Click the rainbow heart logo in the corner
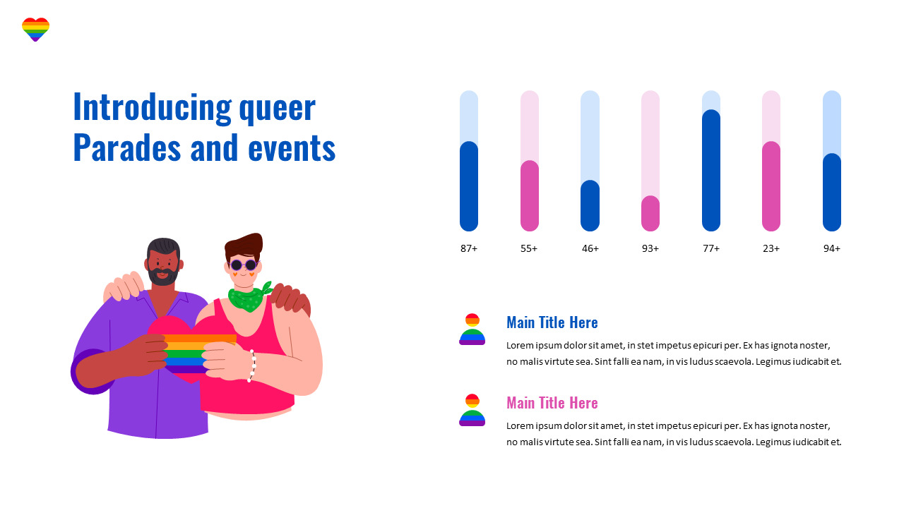pyautogui.click(x=35, y=30)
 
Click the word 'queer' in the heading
pyautogui.click(x=277, y=107)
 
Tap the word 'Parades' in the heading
pyautogui.click(x=117, y=148)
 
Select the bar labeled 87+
pyautogui.click(x=469, y=186)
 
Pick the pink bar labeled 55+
pyautogui.click(x=530, y=195)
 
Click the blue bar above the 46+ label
pyautogui.click(x=590, y=205)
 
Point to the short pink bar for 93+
pyautogui.click(x=650, y=213)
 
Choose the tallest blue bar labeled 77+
pyautogui.click(x=711, y=170)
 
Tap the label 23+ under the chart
pyautogui.click(x=771, y=248)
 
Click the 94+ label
pyautogui.click(x=832, y=248)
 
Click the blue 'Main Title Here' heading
pyautogui.click(x=552, y=322)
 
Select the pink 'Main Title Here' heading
pyautogui.click(x=552, y=403)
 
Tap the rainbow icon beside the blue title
pyautogui.click(x=472, y=329)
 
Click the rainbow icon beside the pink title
pyautogui.click(x=472, y=410)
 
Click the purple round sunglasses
pyautogui.click(x=244, y=265)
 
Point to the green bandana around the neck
pyautogui.click(x=247, y=298)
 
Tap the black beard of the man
pyautogui.click(x=163, y=275)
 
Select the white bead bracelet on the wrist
pyautogui.click(x=251, y=365)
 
